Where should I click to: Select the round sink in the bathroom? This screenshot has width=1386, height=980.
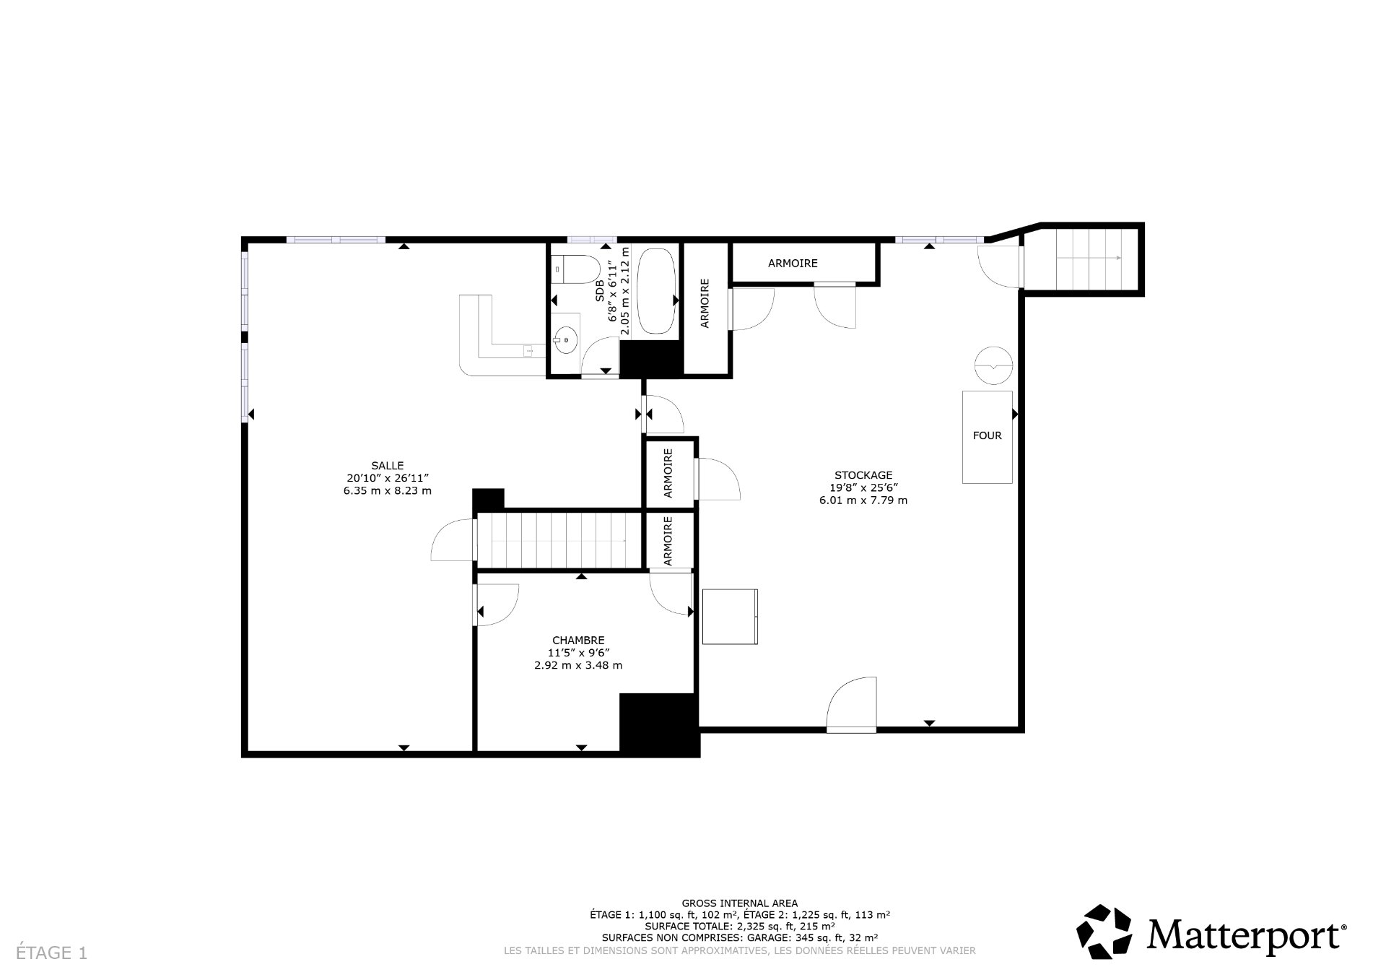click(566, 338)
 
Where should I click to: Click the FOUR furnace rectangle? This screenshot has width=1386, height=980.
click(987, 436)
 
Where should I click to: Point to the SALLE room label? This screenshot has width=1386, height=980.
click(388, 466)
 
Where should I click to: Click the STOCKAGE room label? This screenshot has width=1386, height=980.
click(863, 475)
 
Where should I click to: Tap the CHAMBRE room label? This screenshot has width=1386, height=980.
click(577, 640)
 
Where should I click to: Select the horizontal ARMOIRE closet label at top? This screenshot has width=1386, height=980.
click(793, 264)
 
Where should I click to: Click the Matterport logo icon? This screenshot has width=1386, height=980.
click(1104, 932)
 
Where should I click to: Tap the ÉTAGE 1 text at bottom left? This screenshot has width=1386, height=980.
click(51, 953)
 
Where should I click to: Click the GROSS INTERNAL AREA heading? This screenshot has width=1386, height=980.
click(740, 903)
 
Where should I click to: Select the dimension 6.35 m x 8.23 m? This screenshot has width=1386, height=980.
click(388, 491)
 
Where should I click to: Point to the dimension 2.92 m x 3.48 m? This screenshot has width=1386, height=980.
click(577, 665)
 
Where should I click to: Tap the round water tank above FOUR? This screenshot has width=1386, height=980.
click(994, 365)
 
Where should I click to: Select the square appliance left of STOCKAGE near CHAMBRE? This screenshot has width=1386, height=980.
click(730, 616)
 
